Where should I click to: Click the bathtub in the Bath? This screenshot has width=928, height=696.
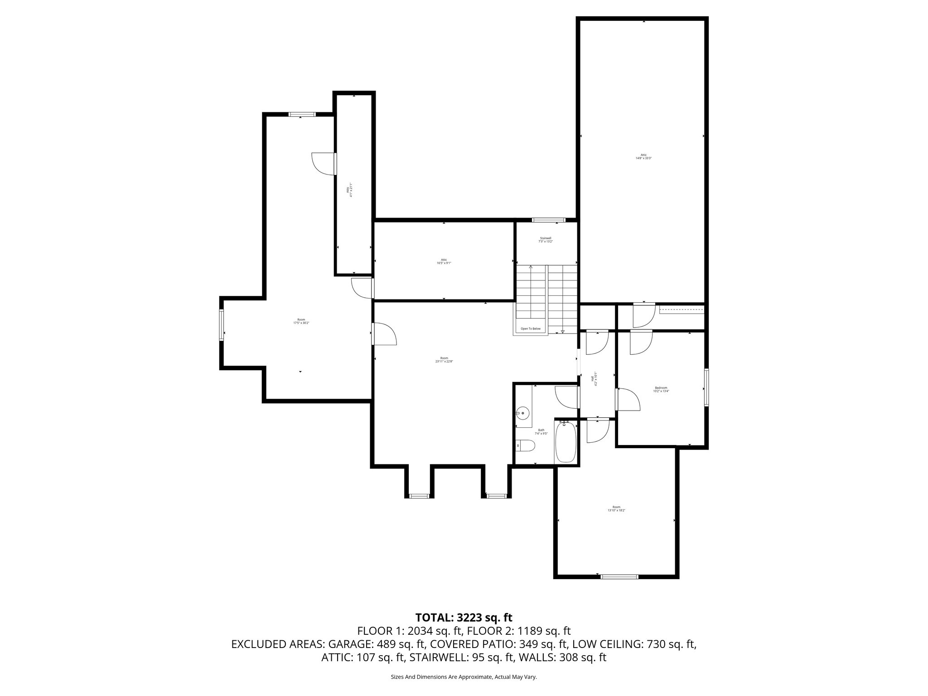pos(565,442)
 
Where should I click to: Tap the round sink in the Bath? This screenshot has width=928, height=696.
pos(523,412)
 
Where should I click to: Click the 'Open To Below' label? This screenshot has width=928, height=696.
pos(530,329)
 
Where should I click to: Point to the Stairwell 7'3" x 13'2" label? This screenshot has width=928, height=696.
pos(546,240)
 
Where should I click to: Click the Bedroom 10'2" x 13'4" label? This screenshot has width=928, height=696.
pos(661,389)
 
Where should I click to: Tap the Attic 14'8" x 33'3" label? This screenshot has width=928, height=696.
pos(643,156)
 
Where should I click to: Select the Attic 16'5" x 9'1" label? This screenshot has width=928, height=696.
pos(444,261)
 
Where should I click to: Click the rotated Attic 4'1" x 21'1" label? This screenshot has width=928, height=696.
pos(349,188)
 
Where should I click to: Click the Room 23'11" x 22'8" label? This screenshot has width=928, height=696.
pos(444,359)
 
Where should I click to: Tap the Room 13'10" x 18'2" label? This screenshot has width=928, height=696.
pos(616,508)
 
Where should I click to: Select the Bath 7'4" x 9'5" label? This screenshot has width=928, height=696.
pos(541,432)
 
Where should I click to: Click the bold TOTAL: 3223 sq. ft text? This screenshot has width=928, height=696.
pos(464,617)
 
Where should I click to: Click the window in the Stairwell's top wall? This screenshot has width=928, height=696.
pos(549,220)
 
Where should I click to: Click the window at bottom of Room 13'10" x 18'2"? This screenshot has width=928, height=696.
pos(619,577)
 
